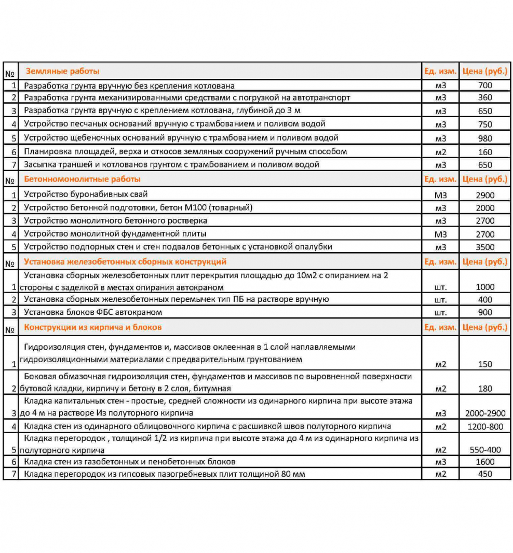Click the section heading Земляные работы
tap(62, 71)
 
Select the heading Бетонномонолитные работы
tap(83, 179)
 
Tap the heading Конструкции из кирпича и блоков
tap(93, 327)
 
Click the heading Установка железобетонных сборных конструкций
tap(125, 261)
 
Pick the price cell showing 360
tap(484, 98)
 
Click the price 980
tap(484, 138)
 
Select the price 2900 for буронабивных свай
tap(484, 195)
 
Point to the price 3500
tap(484, 247)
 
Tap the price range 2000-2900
tap(484, 413)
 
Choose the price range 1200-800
tap(484, 426)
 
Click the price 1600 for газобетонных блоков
tap(484, 462)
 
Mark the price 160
tap(484, 152)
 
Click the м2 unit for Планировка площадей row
tap(440, 152)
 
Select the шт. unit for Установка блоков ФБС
tap(440, 312)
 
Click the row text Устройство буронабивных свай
tap(86, 195)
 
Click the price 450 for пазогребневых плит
tap(484, 474)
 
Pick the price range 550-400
tap(484, 449)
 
